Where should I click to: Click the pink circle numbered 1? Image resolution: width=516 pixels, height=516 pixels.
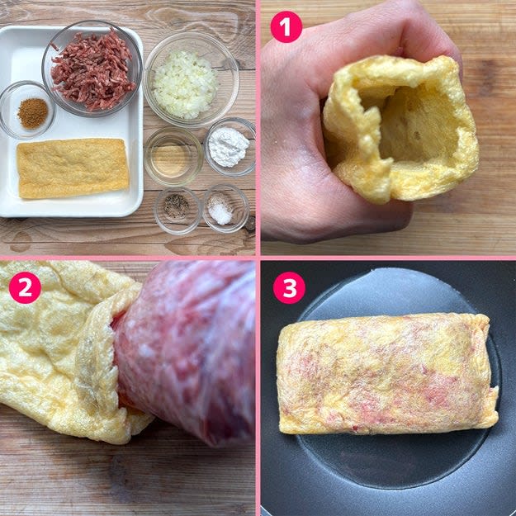coord(286,26)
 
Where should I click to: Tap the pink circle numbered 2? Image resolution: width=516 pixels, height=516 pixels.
coord(25,287)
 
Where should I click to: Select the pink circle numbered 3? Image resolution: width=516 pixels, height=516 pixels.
coord(289,287)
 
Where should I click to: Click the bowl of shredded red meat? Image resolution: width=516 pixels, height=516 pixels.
coord(92,69)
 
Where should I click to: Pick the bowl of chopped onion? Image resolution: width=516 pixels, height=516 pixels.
coord(192,79)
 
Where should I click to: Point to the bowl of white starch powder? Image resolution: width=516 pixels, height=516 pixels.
coord(230,147)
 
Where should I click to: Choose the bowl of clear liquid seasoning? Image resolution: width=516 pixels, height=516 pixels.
coord(173,157)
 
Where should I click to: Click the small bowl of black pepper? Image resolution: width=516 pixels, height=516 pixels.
coord(178,211)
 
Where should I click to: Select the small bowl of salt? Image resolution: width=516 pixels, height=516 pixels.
coord(225,209)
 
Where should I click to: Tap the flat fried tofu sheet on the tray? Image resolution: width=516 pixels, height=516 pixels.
coord(73,168)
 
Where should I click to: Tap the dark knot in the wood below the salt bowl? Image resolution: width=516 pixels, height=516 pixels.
coord(251,224)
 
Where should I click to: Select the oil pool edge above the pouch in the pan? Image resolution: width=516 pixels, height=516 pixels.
coord(388,273)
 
